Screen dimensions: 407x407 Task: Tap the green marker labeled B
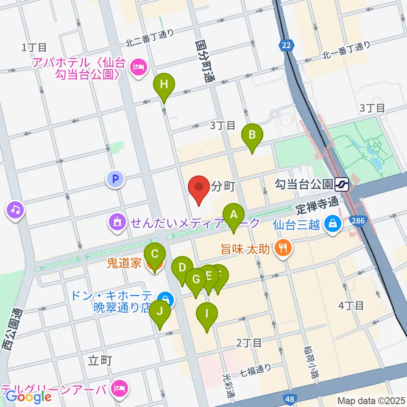point(252,135)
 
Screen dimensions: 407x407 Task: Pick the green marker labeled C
point(155,255)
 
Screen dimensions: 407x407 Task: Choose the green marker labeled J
point(160,312)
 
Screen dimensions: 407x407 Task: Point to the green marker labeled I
point(207,314)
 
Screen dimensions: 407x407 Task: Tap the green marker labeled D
point(182,268)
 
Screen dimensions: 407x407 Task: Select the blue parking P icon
point(115,179)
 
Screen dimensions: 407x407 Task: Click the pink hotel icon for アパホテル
point(138,66)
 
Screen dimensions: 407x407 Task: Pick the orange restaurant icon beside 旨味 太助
point(282,247)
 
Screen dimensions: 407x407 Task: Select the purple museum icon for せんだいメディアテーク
point(117,222)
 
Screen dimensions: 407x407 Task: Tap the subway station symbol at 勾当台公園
point(342,184)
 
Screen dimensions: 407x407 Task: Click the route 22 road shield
point(287,45)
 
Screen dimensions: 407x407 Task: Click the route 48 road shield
point(290,399)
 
